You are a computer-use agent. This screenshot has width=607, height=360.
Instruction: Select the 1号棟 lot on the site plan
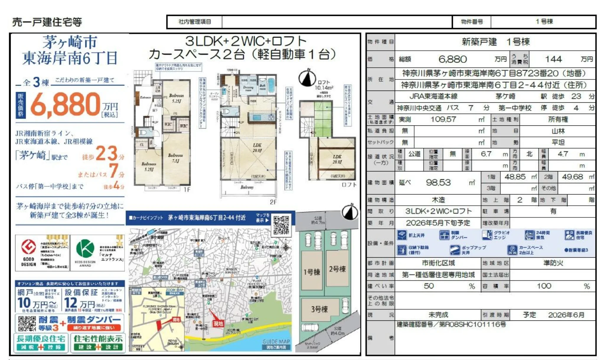[312, 271]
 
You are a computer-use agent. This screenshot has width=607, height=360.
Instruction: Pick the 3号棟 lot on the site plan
[319, 309]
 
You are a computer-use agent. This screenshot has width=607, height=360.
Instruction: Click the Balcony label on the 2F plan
[247, 187]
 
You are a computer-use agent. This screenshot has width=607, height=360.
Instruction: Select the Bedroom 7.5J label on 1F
[175, 158]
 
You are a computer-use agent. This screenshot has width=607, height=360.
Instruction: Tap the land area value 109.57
[443, 120]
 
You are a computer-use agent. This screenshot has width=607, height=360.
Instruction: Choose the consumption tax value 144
[553, 59]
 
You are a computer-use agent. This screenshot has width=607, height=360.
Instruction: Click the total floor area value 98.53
[438, 183]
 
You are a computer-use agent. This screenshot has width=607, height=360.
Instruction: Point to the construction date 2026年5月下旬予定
[438, 223]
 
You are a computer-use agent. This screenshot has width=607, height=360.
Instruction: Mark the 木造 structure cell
[438, 200]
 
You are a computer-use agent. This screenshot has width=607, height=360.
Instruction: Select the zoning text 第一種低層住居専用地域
[438, 275]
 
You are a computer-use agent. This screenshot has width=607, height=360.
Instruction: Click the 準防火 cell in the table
[553, 263]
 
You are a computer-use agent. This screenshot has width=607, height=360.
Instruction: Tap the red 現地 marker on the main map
[218, 323]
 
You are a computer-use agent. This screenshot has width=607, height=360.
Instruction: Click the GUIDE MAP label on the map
[276, 341]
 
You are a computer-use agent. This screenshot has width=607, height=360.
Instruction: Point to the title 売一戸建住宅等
[47, 22]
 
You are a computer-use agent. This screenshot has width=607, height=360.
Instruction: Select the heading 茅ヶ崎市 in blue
[70, 42]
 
